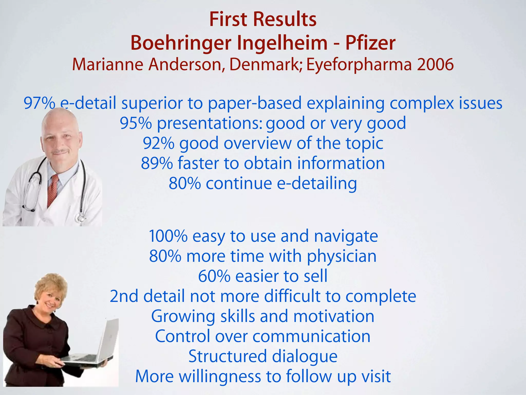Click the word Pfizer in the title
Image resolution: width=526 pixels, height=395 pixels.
(x=370, y=43)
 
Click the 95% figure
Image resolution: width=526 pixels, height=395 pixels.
(x=136, y=123)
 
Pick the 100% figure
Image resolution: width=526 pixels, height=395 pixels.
(x=168, y=236)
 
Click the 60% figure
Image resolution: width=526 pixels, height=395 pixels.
(x=214, y=276)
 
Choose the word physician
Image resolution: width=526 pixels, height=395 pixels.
(x=342, y=256)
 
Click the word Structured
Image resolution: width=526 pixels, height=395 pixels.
(x=228, y=356)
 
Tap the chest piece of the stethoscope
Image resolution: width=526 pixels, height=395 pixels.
(x=80, y=218)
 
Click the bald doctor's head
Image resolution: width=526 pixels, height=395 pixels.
(x=60, y=131)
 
